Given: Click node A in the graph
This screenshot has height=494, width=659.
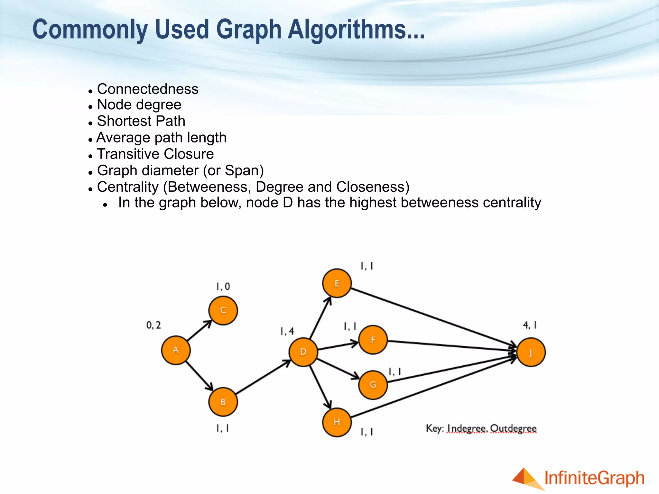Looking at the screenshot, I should click(176, 350).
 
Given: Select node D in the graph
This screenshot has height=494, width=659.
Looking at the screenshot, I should click(303, 352).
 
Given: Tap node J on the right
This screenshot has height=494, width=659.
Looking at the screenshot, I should click(531, 352).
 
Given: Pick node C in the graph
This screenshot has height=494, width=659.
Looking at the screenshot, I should click(223, 311).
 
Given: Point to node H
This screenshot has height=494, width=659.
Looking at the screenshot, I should click(337, 422).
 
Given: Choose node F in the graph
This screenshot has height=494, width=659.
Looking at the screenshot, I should click(373, 340).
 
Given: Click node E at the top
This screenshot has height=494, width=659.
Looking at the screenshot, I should click(337, 283).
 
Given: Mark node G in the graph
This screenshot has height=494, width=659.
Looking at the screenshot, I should click(373, 385).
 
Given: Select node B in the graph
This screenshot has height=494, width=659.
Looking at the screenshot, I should click(223, 402).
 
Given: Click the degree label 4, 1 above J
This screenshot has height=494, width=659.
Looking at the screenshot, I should click(530, 325).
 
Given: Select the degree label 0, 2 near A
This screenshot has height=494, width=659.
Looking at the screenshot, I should click(153, 325).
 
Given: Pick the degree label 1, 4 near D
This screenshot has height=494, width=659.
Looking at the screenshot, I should click(287, 331).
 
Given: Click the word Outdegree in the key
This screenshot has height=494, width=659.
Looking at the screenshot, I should click(513, 429).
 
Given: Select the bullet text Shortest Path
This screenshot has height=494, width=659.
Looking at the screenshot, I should click(141, 121).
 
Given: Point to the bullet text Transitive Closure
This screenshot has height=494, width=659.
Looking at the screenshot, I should click(155, 154).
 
